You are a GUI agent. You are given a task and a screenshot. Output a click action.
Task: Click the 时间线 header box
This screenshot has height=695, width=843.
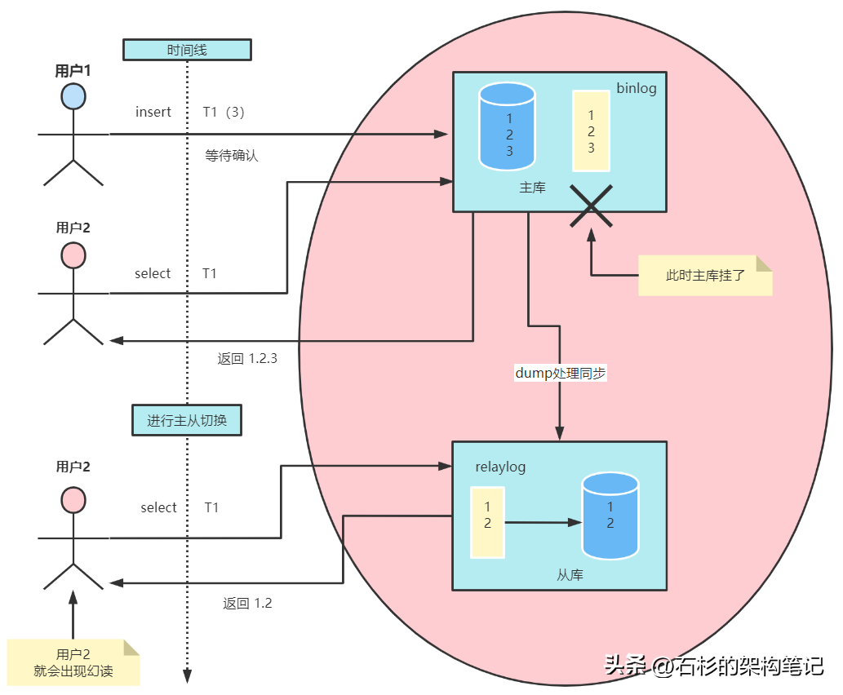(187, 50)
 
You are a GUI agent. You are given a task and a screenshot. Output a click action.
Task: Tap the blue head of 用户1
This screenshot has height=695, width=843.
(73, 95)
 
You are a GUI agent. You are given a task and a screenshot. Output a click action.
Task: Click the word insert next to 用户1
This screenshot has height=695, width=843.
(153, 112)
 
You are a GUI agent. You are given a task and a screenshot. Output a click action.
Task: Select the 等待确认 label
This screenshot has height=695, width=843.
(232, 155)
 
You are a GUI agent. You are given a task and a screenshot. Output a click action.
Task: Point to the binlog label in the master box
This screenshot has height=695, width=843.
(636, 88)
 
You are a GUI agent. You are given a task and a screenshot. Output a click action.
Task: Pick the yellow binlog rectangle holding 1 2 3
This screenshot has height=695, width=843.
(591, 131)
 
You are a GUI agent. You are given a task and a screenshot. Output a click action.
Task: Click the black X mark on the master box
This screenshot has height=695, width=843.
(591, 205)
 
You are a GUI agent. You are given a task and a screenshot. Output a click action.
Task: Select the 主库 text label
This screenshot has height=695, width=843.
(532, 187)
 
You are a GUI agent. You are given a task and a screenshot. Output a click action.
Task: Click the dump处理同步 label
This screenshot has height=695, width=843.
(560, 373)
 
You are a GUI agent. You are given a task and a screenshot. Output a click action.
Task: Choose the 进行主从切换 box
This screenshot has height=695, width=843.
(187, 421)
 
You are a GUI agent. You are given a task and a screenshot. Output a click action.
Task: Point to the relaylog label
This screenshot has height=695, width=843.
(500, 467)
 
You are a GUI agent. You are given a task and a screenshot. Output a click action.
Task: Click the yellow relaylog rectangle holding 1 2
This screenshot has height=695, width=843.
(487, 522)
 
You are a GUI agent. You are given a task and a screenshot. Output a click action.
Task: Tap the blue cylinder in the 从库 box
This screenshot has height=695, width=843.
(610, 516)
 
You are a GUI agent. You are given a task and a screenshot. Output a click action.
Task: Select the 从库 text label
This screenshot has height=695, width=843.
(570, 574)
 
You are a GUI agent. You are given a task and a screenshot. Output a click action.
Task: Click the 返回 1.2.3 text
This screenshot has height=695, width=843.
(247, 358)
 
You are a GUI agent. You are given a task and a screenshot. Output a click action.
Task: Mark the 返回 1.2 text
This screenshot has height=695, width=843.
(247, 604)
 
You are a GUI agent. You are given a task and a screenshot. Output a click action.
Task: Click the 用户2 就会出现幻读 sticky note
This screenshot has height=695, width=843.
(73, 662)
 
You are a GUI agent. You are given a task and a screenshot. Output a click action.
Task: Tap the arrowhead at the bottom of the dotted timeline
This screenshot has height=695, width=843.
(187, 676)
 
